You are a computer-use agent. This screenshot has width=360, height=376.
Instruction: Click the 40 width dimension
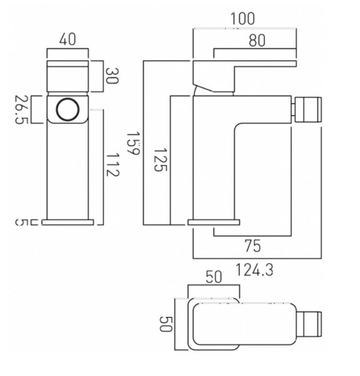67,39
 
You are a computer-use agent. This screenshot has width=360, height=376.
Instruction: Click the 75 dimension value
253,245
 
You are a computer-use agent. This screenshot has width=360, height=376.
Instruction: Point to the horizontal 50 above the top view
214,277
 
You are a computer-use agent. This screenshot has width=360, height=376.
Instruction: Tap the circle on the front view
67,109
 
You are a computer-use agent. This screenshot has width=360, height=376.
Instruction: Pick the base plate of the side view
214,222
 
